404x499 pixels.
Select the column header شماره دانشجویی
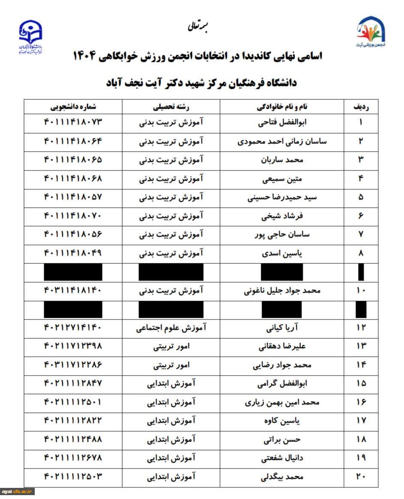pyautogui.click(x=73, y=107)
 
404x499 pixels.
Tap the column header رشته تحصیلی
pyautogui.click(x=171, y=107)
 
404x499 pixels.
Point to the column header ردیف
pyautogui.click(x=361, y=107)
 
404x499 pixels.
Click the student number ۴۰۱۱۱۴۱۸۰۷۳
pyautogui.click(x=73, y=122)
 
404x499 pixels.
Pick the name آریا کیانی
pyautogui.click(x=282, y=328)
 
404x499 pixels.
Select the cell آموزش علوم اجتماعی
pyautogui.click(x=171, y=328)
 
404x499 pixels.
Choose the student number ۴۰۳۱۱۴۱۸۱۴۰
pyautogui.click(x=73, y=290)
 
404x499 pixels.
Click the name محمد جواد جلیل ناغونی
pyautogui.click(x=282, y=290)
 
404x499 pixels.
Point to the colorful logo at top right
pyautogui.click(x=371, y=31)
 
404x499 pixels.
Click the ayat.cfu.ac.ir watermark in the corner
pyautogui.click(x=18, y=492)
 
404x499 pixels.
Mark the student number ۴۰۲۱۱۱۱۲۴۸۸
pyautogui.click(x=73, y=439)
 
